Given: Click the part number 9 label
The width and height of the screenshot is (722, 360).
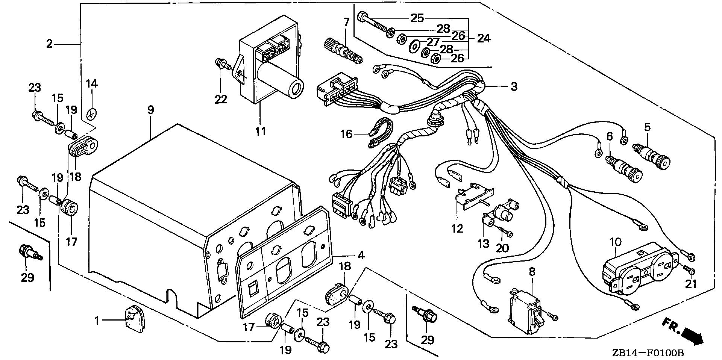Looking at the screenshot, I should [x=150, y=110].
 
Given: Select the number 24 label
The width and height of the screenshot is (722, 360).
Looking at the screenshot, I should [x=484, y=38].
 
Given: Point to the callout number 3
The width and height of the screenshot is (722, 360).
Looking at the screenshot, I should [x=514, y=87].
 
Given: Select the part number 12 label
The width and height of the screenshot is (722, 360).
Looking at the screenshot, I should [x=458, y=228].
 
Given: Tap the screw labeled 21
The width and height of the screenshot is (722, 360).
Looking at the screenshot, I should [x=689, y=270].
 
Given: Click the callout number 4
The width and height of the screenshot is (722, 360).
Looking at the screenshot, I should [x=361, y=255].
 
